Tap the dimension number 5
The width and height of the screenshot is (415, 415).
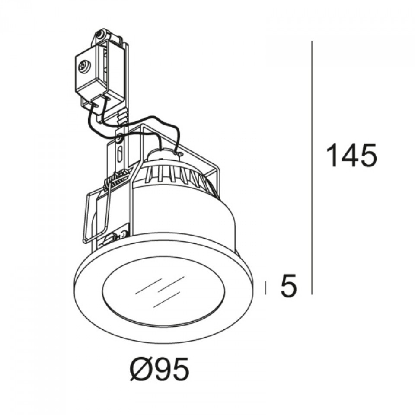(x=289, y=286)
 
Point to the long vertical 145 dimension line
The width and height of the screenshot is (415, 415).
(x=312, y=169)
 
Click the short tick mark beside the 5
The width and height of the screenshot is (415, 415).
(x=265, y=287)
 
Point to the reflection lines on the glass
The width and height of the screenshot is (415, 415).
(x=158, y=292)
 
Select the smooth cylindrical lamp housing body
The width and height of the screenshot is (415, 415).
(x=186, y=216)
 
